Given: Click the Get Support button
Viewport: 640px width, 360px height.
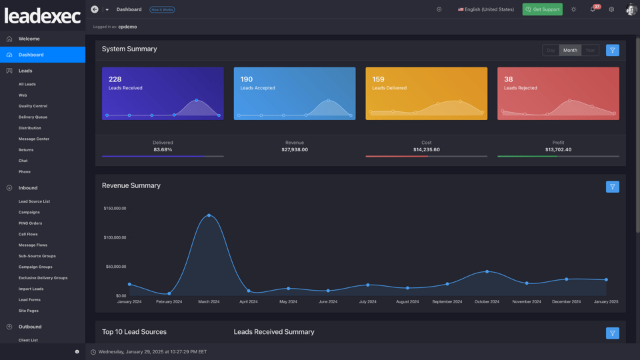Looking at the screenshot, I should pos(542,9).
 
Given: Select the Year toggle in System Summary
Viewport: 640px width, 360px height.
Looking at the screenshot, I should pos(590,50).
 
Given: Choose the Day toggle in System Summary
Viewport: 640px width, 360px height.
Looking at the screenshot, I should pos(551,50).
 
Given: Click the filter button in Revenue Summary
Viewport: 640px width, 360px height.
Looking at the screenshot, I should pos(612,187).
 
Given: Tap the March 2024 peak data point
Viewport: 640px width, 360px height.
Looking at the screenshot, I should pos(209,215).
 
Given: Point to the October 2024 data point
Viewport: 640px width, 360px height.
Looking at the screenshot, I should pos(487,271).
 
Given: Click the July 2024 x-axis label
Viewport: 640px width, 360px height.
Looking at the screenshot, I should pos(367,301).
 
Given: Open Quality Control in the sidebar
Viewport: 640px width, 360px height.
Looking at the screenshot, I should pos(33,106).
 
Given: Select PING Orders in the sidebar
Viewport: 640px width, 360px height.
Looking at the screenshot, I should pos(30,223).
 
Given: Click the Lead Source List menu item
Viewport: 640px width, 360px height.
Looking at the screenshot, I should pos(34,201).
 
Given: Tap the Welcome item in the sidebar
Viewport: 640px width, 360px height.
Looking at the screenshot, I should pos(29,39).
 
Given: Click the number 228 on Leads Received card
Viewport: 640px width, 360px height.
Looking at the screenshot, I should pos(115,79).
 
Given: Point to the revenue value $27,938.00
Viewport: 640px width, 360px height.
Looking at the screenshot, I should pos(294,150).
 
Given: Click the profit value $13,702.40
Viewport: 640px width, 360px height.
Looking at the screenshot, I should pos(558,150).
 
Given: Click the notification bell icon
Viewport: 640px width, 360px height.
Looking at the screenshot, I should pos(592,9).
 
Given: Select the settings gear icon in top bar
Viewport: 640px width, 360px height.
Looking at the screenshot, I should pos(611,9).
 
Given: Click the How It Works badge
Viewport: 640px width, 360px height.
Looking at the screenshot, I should pos(162,9).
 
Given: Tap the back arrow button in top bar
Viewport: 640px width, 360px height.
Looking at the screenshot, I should pos(95,9).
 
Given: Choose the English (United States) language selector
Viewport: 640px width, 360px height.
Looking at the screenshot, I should pos(486,9).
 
